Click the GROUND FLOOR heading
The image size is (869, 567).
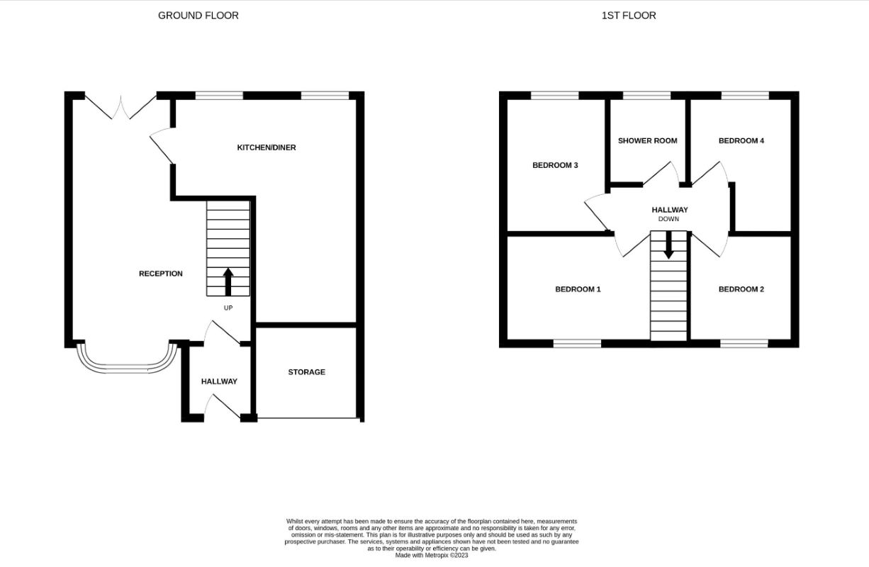tap(198, 15)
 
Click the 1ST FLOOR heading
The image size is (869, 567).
tap(628, 15)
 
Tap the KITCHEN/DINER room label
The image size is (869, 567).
tap(267, 147)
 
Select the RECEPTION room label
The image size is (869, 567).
tap(160, 274)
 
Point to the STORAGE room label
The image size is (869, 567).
tap(306, 372)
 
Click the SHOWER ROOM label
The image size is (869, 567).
tap(647, 140)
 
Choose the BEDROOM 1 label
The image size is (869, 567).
tap(578, 289)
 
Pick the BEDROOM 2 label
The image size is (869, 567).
tap(741, 289)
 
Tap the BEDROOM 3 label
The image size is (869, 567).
tap(555, 165)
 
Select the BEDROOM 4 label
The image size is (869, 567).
tap(741, 140)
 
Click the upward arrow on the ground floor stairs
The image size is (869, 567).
tap(228, 281)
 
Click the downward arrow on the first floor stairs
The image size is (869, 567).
tap(668, 246)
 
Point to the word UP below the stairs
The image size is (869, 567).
tap(228, 308)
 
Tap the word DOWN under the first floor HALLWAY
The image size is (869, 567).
tap(668, 219)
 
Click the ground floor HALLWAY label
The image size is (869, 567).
tap(219, 381)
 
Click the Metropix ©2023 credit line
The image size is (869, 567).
tap(432, 555)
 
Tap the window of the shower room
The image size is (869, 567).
tap(646, 95)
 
